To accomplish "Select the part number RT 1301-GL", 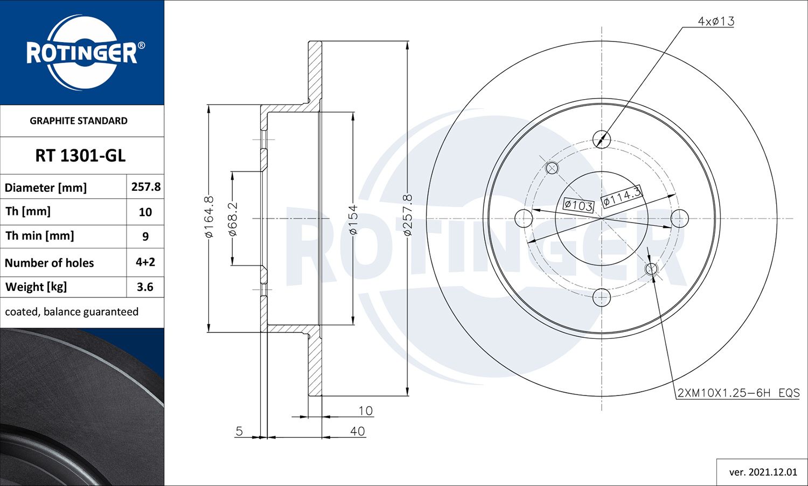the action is pyautogui.click(x=80, y=156).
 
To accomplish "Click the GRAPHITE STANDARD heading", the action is pyautogui.click(x=79, y=121).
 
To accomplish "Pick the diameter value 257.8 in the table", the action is pyautogui.click(x=146, y=187).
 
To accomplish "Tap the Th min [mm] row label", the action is pyautogui.click(x=40, y=236).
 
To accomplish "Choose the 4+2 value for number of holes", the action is pyautogui.click(x=145, y=262).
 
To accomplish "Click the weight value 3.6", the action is pyautogui.click(x=145, y=287).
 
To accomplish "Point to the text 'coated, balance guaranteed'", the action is pyautogui.click(x=72, y=312).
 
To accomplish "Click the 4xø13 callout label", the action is pyautogui.click(x=716, y=22).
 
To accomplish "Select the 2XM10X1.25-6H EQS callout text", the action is pyautogui.click(x=739, y=393).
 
